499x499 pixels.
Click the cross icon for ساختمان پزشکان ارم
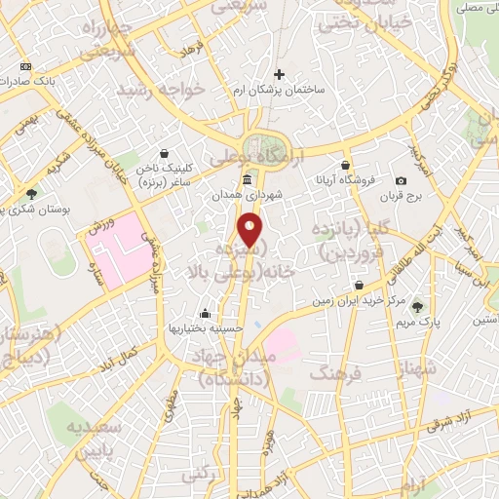click(280, 74)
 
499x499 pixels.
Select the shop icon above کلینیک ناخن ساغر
click(163, 153)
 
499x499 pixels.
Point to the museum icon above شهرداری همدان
click(248, 180)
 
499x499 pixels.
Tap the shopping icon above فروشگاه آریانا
click(345, 165)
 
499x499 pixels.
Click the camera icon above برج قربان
click(401, 180)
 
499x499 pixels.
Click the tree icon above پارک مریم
click(420, 306)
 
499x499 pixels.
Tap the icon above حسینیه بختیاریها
click(206, 314)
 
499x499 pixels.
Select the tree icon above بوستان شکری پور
click(32, 194)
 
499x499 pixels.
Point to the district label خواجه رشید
click(161, 89)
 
